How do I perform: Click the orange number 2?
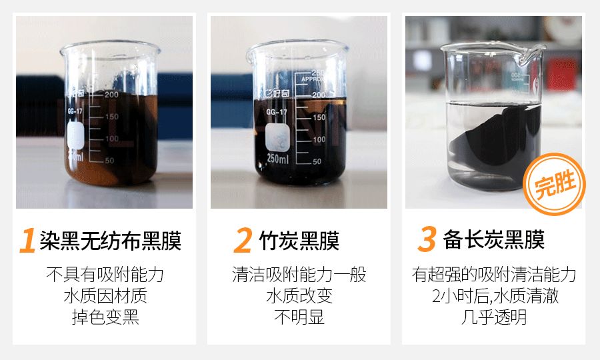tap(243, 241)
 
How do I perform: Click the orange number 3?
tap(427, 241)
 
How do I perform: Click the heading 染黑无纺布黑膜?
tap(110, 241)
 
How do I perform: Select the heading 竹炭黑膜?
tap(299, 241)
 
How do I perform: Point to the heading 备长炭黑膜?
tap(493, 241)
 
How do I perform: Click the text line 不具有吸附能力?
tap(105, 275)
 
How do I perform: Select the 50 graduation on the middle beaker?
tap(317, 161)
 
